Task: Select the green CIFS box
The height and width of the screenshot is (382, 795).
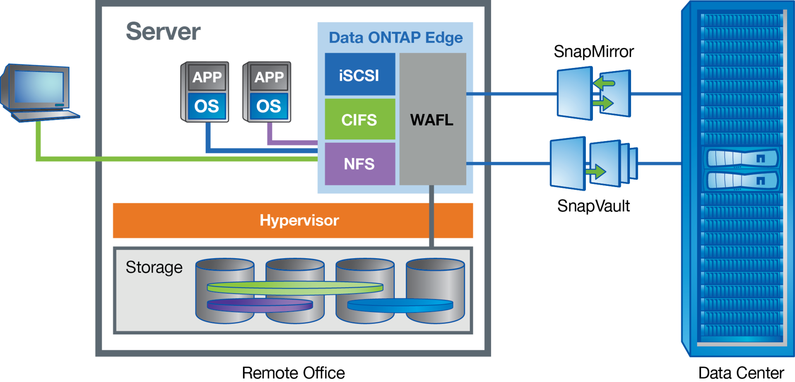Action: tap(359, 120)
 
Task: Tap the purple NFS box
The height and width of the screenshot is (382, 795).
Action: tap(359, 164)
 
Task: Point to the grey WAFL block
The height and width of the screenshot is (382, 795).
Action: tap(432, 119)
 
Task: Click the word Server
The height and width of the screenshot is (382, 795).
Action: tap(163, 32)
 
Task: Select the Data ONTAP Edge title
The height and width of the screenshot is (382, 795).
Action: tap(395, 38)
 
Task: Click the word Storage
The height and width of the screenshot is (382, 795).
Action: tap(154, 267)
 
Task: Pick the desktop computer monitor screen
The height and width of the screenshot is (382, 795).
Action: tap(39, 86)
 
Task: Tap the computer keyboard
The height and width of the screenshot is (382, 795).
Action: tap(46, 115)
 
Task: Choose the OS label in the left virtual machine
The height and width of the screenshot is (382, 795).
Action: tap(207, 106)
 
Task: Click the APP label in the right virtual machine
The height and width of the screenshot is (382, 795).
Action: tap(269, 77)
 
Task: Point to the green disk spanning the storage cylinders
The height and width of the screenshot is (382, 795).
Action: tap(295, 288)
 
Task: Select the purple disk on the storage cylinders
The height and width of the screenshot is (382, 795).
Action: tap(260, 305)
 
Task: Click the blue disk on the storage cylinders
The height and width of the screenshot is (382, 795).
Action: tap(400, 305)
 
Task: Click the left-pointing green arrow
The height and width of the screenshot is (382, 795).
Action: tap(604, 83)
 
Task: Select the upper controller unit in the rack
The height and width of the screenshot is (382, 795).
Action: tap(742, 158)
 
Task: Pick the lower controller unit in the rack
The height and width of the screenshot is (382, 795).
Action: tap(742, 180)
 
